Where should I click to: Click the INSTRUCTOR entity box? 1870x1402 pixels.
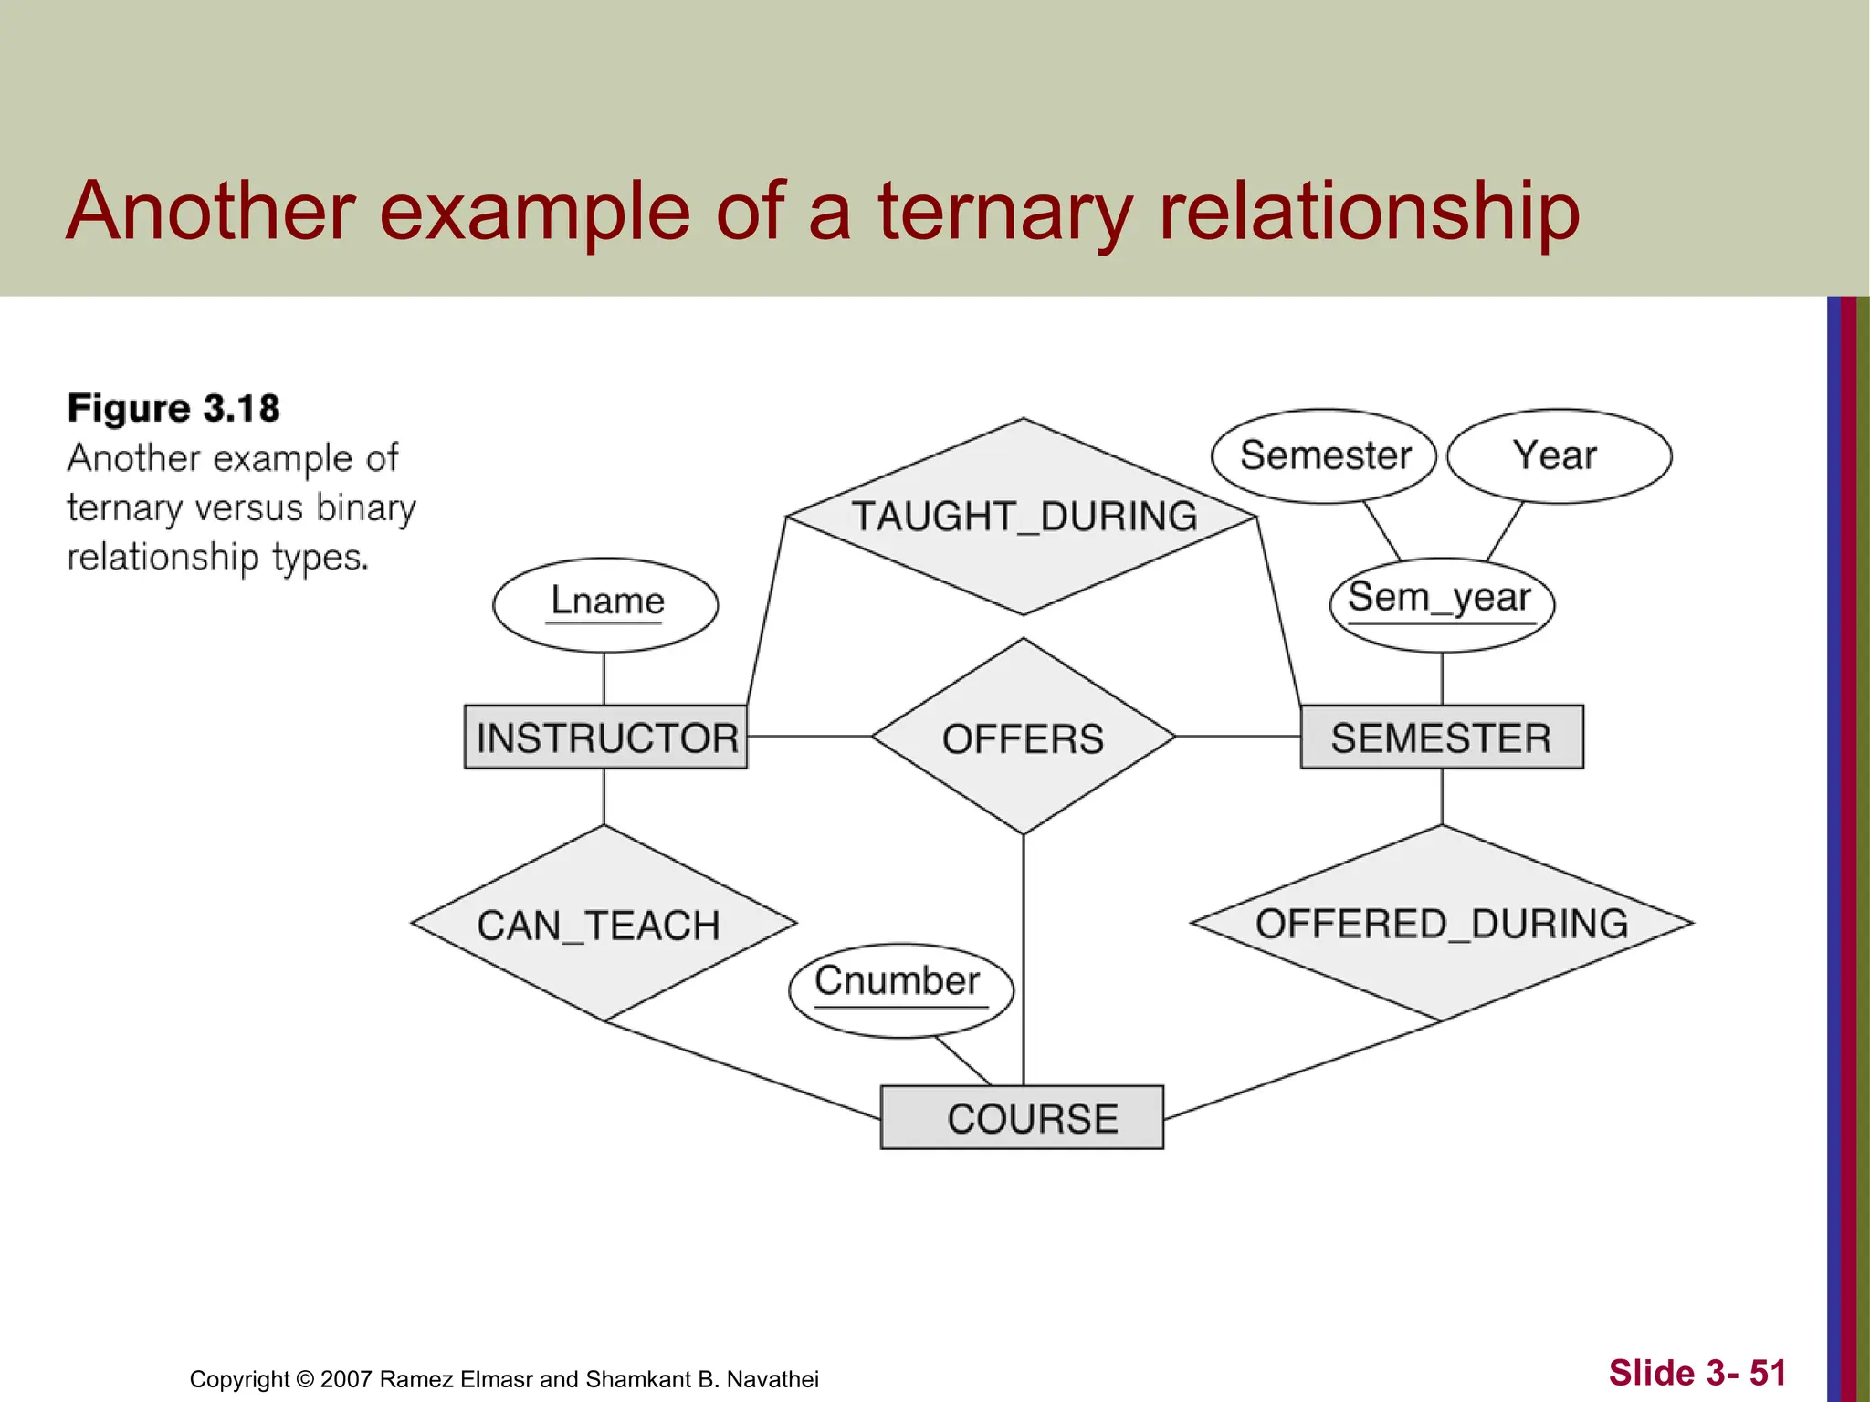pyautogui.click(x=605, y=737)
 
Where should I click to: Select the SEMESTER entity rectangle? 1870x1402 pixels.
pyautogui.click(x=1441, y=737)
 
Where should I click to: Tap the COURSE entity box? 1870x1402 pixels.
pyautogui.click(x=1022, y=1117)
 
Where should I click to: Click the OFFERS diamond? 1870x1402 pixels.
pyautogui.click(x=1023, y=737)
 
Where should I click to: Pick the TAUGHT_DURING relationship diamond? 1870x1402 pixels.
pyautogui.click(x=1023, y=517)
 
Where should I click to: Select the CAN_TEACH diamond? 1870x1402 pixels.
pyautogui.click(x=603, y=924)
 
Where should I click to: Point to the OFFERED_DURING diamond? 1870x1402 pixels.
pyautogui.click(x=1441, y=924)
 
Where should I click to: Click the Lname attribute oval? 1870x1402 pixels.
pyautogui.click(x=605, y=604)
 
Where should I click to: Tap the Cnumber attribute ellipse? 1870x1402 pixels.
pyautogui.click(x=900, y=989)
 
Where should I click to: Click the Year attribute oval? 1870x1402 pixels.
pyautogui.click(x=1559, y=455)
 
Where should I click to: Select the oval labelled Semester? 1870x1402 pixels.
pyautogui.click(x=1324, y=455)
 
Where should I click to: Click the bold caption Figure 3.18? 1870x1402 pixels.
pyautogui.click(x=173, y=408)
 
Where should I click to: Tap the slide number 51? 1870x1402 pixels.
pyautogui.click(x=1767, y=1373)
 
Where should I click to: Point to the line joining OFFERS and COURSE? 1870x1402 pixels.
pyautogui.click(x=1024, y=958)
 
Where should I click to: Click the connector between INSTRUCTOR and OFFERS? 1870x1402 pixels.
pyautogui.click(x=809, y=736)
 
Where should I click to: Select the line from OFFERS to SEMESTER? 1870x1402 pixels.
pyautogui.click(x=1237, y=736)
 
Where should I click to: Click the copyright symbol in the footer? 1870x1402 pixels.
pyautogui.click(x=305, y=1379)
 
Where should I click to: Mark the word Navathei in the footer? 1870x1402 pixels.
pyautogui.click(x=772, y=1379)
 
